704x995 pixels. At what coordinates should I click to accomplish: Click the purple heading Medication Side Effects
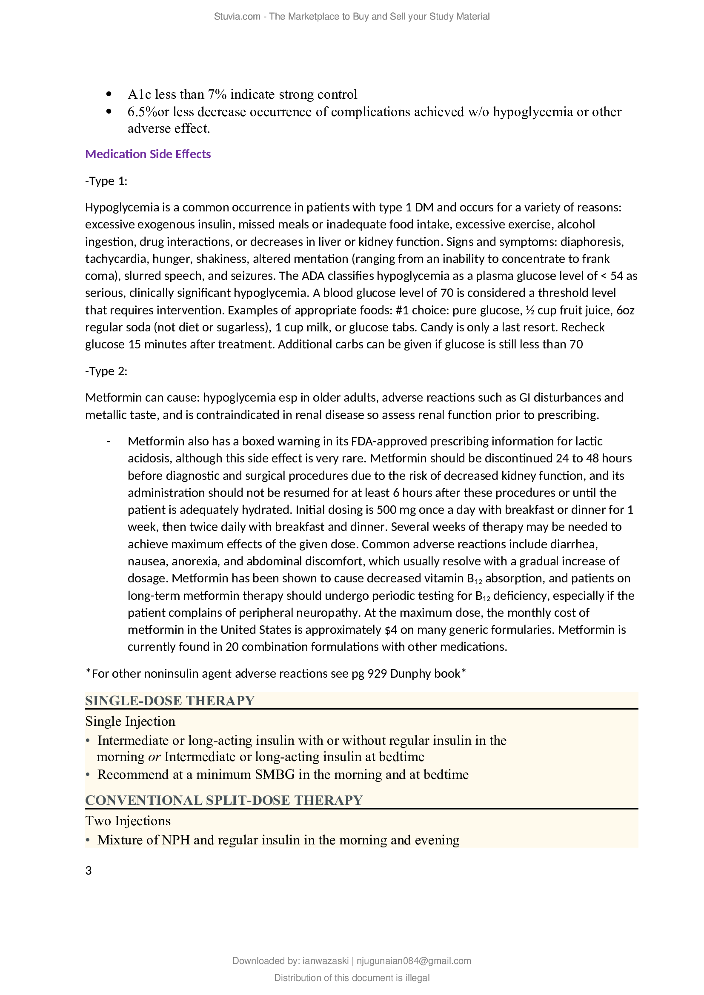click(x=148, y=154)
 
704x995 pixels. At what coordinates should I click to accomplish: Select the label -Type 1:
click(x=106, y=181)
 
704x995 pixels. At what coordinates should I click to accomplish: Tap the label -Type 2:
click(x=106, y=371)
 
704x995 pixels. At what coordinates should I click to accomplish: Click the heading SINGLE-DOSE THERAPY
click(x=169, y=701)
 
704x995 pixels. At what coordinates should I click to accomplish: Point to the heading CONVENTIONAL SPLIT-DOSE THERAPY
click(x=224, y=800)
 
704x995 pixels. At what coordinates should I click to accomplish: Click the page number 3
click(x=89, y=871)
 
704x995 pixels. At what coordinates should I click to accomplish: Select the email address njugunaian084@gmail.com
click(x=414, y=961)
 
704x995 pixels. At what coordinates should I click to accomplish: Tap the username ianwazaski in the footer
click(x=325, y=961)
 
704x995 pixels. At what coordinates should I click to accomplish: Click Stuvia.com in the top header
click(x=237, y=17)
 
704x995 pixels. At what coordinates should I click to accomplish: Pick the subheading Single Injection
click(x=130, y=721)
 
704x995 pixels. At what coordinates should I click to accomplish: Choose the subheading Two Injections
click(x=128, y=821)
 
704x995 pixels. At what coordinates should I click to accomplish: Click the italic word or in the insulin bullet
click(x=155, y=757)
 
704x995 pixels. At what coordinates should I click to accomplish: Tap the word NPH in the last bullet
click(x=176, y=840)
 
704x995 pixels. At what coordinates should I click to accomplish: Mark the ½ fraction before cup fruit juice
click(x=529, y=310)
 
